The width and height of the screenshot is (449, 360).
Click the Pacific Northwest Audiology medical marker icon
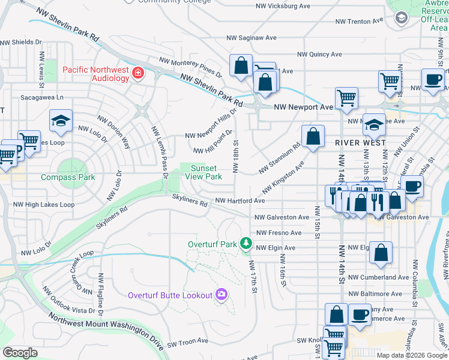pyautogui.click(x=139, y=73)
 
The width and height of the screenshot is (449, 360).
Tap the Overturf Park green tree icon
pyautogui.click(x=245, y=244)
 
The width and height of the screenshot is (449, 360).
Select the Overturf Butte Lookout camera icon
pyautogui.click(x=221, y=294)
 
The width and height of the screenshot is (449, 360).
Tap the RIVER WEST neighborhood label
pyautogui.click(x=360, y=143)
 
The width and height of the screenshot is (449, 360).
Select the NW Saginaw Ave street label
pyautogui.click(x=251, y=37)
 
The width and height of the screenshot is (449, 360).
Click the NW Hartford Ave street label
pyautogui.click(x=240, y=201)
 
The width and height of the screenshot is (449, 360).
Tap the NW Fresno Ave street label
pyautogui.click(x=279, y=232)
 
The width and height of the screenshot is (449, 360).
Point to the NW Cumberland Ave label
pyautogui.click(x=378, y=277)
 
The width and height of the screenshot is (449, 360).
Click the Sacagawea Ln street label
pyautogui.click(x=42, y=97)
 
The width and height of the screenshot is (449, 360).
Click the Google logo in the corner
pyautogui.click(x=20, y=353)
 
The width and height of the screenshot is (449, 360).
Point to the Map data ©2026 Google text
pyautogui.click(x=412, y=355)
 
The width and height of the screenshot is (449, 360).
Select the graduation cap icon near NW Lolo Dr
pyautogui.click(x=61, y=121)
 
